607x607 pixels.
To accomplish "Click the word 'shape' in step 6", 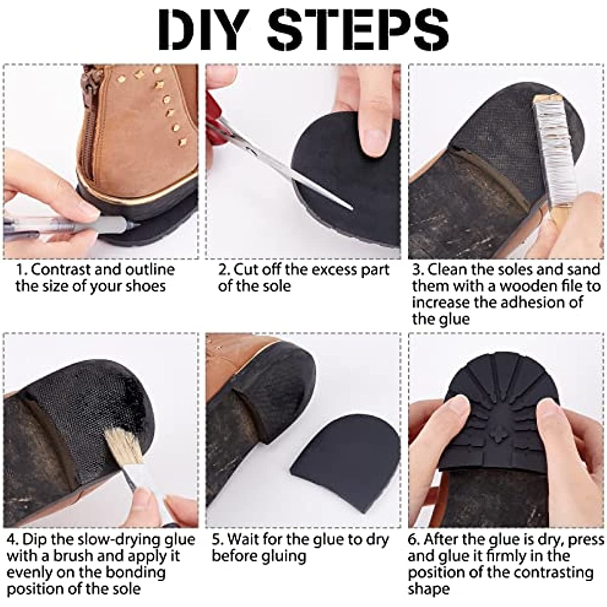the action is coord(428,590).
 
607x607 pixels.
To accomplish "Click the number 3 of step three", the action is coord(417,270).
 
